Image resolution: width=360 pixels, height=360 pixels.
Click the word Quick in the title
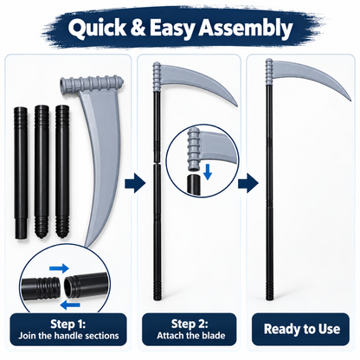pos(97,29)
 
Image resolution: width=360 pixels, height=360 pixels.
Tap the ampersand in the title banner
pos(138,28)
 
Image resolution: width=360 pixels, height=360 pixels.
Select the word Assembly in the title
pos(245,29)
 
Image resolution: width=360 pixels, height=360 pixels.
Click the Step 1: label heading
pos(68,324)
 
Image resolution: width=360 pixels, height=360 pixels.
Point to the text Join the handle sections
pos(68,336)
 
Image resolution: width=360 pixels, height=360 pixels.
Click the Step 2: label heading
pos(190,324)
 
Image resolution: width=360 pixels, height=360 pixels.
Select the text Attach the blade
pos(191,336)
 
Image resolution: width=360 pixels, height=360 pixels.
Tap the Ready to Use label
pos(302,329)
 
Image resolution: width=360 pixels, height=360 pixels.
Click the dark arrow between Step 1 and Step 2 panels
pos(135,183)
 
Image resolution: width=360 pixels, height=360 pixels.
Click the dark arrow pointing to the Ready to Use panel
pos(247,183)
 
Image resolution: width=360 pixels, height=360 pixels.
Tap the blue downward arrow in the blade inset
pos(208,172)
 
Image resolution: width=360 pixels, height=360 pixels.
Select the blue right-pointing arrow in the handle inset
pos(59,268)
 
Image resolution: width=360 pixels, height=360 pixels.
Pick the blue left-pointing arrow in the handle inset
pos(71,305)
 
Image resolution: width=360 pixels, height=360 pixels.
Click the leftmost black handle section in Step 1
pos(21,173)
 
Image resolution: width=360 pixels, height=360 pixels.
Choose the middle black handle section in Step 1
pos(42,171)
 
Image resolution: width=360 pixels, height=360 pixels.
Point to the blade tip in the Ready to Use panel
pos(350,100)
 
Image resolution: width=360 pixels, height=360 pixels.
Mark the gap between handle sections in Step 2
pos(157,163)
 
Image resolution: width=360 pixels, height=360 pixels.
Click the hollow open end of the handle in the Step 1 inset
pos(69,286)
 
